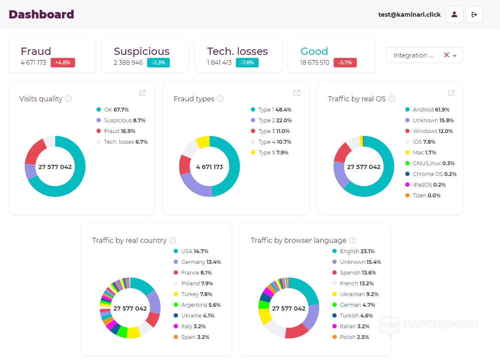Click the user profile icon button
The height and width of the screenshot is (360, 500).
(454, 15)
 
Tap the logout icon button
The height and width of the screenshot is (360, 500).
(474, 15)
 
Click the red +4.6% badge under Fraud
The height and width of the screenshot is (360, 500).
(63, 63)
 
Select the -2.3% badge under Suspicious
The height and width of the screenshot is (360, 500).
(158, 63)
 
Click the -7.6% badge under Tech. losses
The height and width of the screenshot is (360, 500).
(247, 63)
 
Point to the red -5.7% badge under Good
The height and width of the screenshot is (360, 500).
(345, 63)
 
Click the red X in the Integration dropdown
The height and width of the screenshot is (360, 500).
(446, 55)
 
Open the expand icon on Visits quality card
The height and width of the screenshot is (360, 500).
(142, 93)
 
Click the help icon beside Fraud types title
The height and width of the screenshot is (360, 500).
(220, 99)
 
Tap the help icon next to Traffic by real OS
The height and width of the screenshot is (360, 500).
(392, 99)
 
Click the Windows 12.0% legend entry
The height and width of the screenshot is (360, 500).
(432, 131)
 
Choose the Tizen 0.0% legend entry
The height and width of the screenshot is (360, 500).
(426, 195)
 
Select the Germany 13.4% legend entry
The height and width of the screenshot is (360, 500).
(200, 262)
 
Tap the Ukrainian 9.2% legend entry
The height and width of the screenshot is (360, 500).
(358, 294)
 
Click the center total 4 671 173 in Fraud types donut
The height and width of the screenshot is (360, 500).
(209, 167)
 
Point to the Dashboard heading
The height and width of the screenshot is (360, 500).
(41, 14)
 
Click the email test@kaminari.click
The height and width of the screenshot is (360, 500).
(409, 15)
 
